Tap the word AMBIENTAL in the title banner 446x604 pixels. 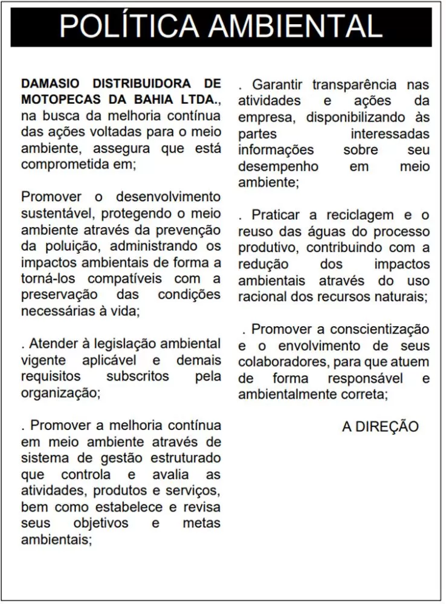(x=295, y=27)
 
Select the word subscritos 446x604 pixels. (x=138, y=376)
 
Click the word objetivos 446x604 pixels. (x=101, y=523)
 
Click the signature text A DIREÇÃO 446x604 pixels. (x=380, y=426)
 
